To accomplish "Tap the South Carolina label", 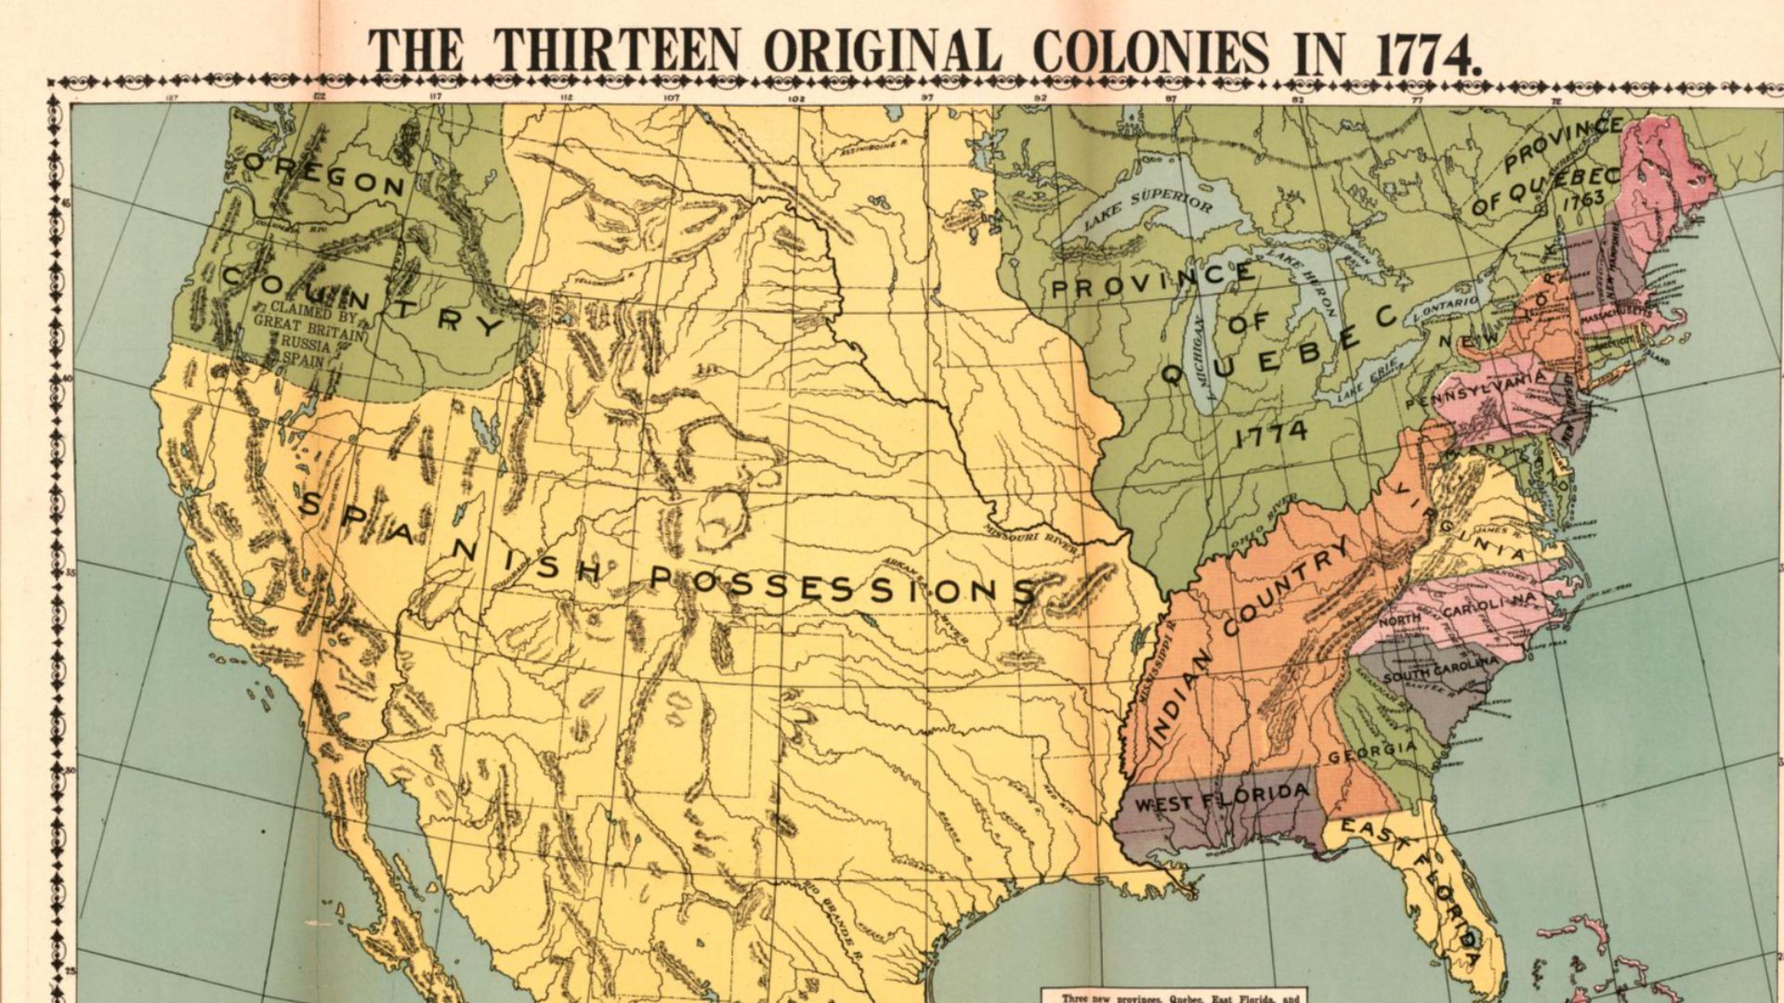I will coord(1439,671).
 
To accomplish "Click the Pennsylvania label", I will coord(1476,392).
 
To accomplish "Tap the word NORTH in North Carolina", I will coord(1398,619).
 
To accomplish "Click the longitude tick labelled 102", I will coord(795,98).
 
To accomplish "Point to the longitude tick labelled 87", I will coord(1172,98).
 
